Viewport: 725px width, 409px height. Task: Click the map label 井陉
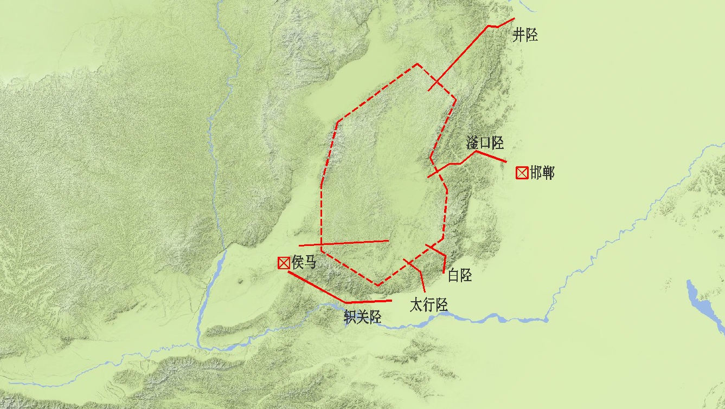point(525,36)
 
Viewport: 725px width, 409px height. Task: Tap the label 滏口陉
point(485,143)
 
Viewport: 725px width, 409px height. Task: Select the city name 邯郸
point(542,173)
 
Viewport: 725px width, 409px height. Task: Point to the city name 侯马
point(304,263)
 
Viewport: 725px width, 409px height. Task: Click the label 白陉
point(460,275)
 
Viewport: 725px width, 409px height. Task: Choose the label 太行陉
point(428,305)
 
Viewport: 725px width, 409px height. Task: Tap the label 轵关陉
point(362,317)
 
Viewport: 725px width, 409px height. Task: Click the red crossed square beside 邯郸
point(522,173)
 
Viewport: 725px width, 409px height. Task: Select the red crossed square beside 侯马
point(283,263)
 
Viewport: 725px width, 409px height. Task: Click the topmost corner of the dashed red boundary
point(417,64)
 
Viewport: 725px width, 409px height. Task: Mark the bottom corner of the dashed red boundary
point(377,285)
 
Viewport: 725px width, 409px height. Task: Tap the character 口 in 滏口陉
point(485,143)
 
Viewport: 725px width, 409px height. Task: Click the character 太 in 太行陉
point(416,305)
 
